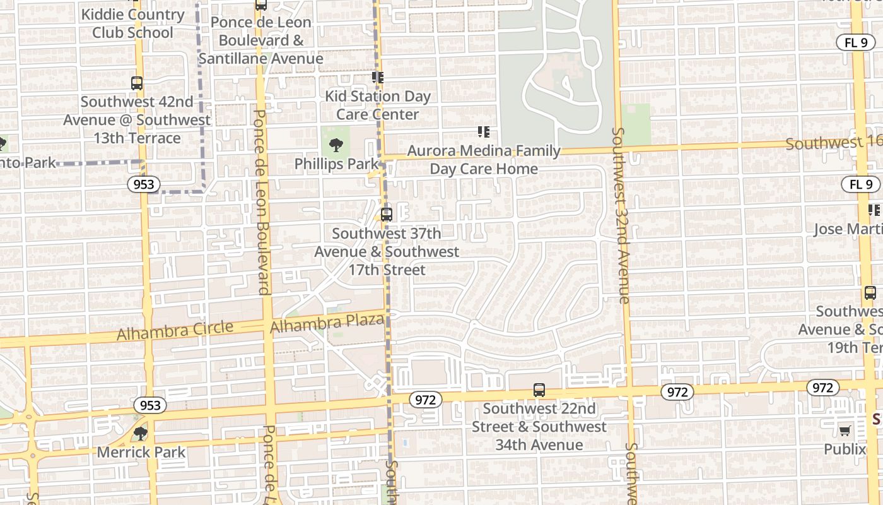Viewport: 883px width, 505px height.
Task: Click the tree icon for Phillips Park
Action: click(336, 145)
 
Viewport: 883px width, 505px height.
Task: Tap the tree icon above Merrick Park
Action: click(140, 433)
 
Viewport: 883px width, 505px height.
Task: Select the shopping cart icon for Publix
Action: click(845, 431)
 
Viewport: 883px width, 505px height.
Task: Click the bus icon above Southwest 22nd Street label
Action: click(539, 390)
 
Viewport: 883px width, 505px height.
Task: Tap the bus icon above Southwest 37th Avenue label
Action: click(386, 214)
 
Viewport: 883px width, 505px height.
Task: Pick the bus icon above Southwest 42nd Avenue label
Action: click(136, 83)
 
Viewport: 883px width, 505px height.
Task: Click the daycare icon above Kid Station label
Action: click(377, 78)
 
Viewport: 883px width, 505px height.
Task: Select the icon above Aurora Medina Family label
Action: click(483, 132)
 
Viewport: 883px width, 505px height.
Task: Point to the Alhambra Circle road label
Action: click(175, 330)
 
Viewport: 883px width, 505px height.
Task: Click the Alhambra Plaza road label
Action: click(327, 324)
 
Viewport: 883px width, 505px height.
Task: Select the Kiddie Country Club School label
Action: click(132, 23)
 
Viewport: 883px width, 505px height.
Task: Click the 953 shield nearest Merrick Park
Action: click(150, 405)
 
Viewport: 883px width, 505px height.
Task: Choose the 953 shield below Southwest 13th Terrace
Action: click(142, 184)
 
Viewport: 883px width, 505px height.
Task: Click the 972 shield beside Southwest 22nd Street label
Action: click(425, 400)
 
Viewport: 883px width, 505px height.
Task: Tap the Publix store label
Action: click(845, 449)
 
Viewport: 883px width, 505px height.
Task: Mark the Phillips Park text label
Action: click(336, 164)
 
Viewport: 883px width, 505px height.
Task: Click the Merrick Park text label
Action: click(141, 452)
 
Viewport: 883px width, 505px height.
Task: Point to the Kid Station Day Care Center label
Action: click(377, 105)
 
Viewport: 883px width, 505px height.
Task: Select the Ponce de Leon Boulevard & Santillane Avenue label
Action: click(260, 40)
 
